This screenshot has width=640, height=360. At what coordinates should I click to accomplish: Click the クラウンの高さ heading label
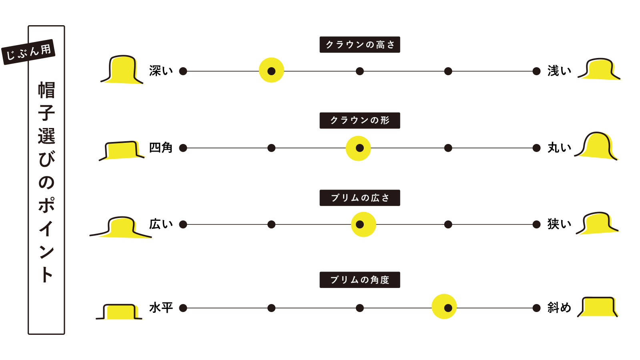coord(359,45)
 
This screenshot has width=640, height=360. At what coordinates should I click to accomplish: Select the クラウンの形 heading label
coord(359,120)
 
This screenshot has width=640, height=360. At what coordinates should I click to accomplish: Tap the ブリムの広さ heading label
coord(359,198)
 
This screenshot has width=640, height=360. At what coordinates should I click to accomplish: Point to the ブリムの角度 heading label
coord(359,280)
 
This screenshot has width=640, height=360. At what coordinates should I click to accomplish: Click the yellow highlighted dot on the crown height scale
coord(271,71)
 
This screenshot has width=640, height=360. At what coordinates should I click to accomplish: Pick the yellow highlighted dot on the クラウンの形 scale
coord(359,148)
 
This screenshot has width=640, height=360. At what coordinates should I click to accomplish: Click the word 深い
coord(161,71)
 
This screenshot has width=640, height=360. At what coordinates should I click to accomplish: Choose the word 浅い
coord(559,71)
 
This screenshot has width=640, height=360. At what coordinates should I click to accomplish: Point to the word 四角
coord(161,148)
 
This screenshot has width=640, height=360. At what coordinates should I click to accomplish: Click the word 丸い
coord(559,148)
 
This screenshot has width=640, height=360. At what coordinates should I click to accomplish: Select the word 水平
coord(161,308)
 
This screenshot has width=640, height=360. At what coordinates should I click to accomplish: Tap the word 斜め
coord(559,308)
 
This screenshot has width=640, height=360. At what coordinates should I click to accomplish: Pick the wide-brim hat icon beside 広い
coord(120,227)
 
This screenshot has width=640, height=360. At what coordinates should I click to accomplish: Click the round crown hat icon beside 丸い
coord(596,146)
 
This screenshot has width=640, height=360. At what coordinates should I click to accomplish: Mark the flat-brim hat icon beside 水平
coord(119,312)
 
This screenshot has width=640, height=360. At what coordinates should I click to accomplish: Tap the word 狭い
coord(559,224)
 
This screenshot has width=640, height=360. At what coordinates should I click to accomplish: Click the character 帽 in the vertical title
coord(46,90)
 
